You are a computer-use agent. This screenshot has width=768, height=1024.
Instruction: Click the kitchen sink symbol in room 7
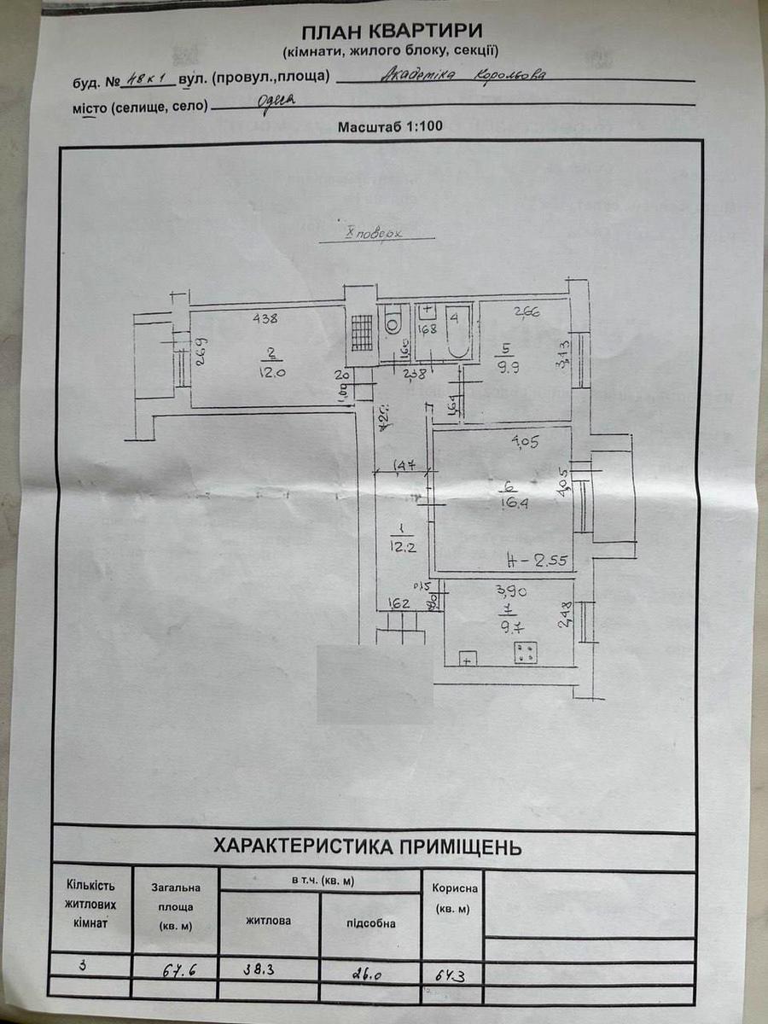[x=468, y=658]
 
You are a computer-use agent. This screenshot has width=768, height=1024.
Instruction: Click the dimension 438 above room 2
[x=265, y=320]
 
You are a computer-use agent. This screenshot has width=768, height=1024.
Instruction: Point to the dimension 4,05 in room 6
[x=521, y=442]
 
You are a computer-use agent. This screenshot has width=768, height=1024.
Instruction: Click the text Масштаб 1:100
[x=390, y=126]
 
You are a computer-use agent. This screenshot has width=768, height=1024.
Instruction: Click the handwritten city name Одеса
[x=274, y=100]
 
